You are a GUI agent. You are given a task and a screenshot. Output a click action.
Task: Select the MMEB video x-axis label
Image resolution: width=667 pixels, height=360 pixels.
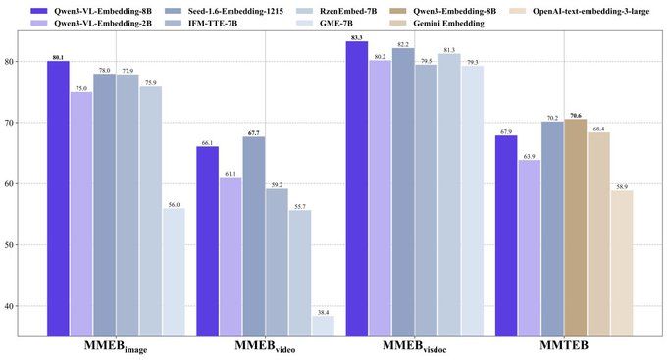(266, 349)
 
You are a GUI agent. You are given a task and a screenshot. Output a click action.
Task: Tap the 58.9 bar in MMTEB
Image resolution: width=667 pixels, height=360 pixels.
(621, 264)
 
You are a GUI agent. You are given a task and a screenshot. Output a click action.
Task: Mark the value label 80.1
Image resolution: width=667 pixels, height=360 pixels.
(58, 57)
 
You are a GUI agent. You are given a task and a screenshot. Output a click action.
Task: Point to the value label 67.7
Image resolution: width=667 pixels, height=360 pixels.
(254, 132)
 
